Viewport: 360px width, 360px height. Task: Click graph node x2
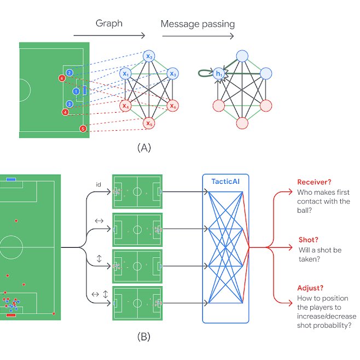pyautogui.click(x=148, y=56)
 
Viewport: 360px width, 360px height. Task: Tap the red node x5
pyautogui.click(x=148, y=124)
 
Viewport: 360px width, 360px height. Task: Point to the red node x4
pyautogui.click(x=126, y=106)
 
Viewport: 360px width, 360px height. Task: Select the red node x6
pyautogui.click(x=172, y=106)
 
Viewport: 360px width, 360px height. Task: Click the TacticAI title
pyautogui.click(x=225, y=181)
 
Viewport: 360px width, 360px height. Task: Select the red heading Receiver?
pyautogui.click(x=316, y=182)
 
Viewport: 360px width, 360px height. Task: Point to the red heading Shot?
pyautogui.click(x=310, y=240)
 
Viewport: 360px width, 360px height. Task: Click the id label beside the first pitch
pyautogui.click(x=98, y=185)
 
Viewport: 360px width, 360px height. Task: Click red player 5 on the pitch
pyautogui.click(x=83, y=129)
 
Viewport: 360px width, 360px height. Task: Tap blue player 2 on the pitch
pyautogui.click(x=69, y=73)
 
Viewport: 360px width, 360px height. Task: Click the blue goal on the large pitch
pyautogui.click(x=11, y=179)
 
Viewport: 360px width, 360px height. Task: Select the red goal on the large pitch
pyautogui.click(x=11, y=315)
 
